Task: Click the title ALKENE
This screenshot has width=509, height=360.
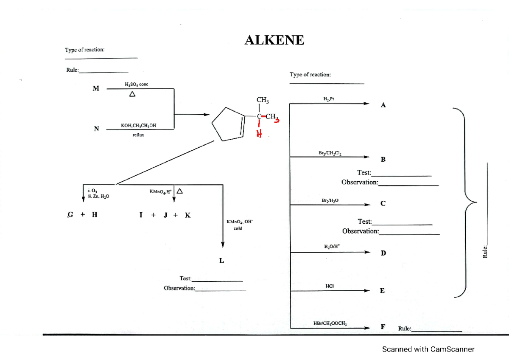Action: (274, 40)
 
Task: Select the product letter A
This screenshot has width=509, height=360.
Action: (383, 105)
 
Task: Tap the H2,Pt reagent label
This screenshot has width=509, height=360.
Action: (329, 98)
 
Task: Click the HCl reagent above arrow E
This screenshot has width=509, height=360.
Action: (330, 286)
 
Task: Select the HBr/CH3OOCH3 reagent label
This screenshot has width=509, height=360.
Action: (330, 323)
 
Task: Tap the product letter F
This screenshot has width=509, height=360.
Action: (383, 327)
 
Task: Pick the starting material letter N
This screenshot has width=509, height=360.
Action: (96, 129)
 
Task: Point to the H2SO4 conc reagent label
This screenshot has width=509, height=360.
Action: (136, 84)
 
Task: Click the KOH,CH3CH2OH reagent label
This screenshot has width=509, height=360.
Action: (138, 126)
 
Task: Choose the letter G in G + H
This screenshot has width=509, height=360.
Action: (70, 215)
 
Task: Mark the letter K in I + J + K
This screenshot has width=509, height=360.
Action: (187, 215)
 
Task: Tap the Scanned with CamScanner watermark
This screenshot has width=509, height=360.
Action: (428, 349)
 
